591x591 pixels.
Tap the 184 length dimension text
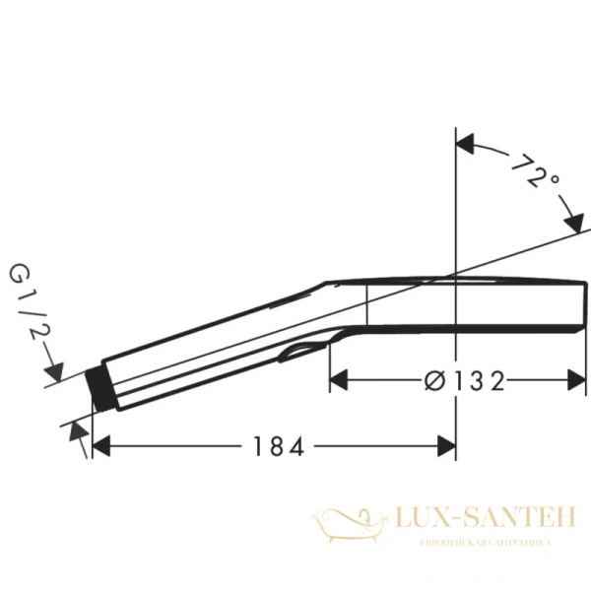[x=273, y=446]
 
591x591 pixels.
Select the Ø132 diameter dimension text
[x=468, y=380]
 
